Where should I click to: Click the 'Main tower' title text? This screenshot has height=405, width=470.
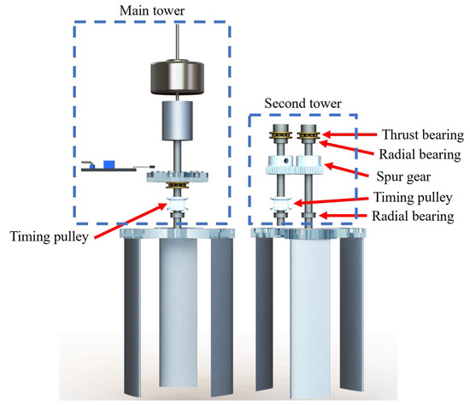tap(152, 11)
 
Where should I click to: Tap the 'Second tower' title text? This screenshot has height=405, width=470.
tap(303, 104)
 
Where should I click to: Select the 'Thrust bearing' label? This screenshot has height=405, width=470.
tap(423, 135)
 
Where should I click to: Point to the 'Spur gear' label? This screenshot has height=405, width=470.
tap(403, 176)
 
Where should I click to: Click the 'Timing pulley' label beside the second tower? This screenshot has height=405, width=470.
tap(413, 198)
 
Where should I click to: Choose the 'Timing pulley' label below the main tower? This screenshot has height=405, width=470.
tap(50, 236)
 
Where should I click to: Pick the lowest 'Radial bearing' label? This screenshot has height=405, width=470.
tap(413, 217)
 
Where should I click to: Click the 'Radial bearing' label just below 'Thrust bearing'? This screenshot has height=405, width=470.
tap(420, 154)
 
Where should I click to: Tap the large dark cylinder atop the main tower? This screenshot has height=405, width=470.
tap(177, 78)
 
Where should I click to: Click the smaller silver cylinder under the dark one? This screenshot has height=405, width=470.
tap(177, 121)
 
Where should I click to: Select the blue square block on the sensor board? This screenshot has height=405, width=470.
tap(109, 164)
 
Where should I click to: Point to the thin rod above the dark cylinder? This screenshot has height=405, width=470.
tap(178, 42)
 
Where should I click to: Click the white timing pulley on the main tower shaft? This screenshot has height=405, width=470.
tap(177, 204)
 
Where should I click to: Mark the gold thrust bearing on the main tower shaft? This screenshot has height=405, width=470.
tap(177, 185)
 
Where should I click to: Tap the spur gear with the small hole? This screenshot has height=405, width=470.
tap(282, 164)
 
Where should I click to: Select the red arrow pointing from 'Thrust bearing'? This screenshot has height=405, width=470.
tap(350, 134)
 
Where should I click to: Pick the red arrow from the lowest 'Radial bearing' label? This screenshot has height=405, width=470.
tap(343, 216)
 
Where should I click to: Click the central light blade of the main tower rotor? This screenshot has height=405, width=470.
tap(179, 313)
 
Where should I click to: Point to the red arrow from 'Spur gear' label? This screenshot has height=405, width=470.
tap(346, 170)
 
